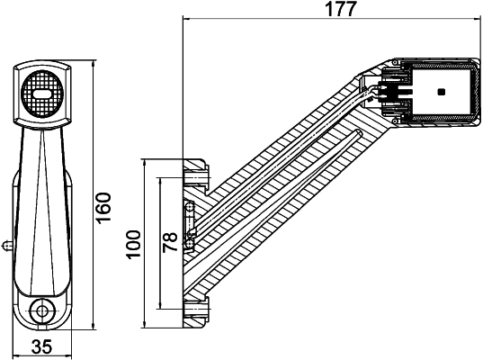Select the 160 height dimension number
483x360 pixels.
click(x=103, y=208)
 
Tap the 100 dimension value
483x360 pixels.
click(x=134, y=243)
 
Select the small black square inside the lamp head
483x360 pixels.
click(x=440, y=92)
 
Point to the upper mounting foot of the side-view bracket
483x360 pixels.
click(x=196, y=170)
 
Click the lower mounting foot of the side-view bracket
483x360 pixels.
click(x=194, y=310)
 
